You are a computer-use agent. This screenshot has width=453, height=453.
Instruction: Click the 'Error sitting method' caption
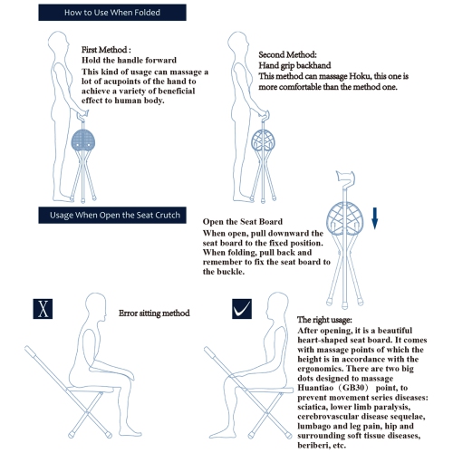(154, 313)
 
